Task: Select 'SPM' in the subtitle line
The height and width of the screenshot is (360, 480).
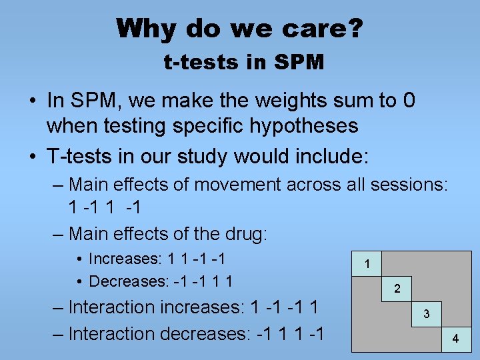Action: [x=299, y=63]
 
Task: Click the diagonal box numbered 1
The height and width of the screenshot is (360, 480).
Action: [x=367, y=264]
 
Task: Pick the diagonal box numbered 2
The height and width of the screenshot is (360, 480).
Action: [x=397, y=289]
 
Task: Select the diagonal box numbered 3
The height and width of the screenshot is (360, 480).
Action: [x=427, y=314]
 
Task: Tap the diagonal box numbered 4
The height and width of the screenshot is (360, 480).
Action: [x=456, y=339]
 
